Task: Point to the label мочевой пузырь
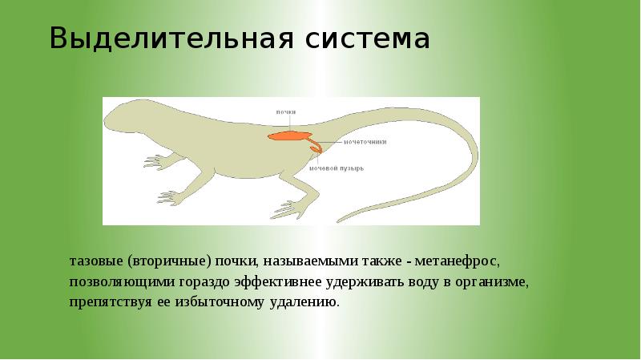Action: click(x=337, y=169)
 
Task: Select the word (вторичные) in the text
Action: click(x=167, y=262)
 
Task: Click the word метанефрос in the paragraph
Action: click(x=462, y=262)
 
